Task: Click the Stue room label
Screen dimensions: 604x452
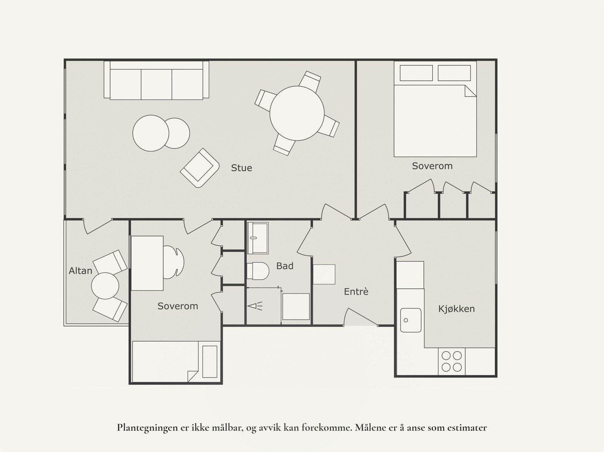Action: tap(241, 168)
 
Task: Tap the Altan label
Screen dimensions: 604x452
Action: tap(80, 271)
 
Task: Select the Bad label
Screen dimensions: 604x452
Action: tap(285, 266)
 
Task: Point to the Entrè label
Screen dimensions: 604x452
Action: tap(356, 291)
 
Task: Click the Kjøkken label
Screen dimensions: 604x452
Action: tap(456, 309)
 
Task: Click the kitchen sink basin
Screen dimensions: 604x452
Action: tap(411, 320)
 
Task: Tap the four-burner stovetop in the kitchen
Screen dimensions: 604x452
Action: tap(451, 361)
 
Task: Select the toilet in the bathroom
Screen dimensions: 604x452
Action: tap(258, 271)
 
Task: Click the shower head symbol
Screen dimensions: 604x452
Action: tap(255, 306)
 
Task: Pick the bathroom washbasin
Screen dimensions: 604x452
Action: tap(257, 238)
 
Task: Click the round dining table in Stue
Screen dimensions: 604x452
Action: tap(297, 113)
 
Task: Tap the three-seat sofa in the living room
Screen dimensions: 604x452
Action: tap(156, 80)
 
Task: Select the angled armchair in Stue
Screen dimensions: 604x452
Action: tap(199, 168)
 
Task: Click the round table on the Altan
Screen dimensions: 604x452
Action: tap(105, 286)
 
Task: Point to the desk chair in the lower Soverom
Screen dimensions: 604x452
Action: tap(174, 262)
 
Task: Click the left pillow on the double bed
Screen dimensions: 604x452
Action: tap(416, 73)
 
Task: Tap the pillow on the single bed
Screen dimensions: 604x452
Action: tap(210, 362)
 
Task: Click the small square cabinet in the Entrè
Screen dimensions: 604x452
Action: tap(324, 274)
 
